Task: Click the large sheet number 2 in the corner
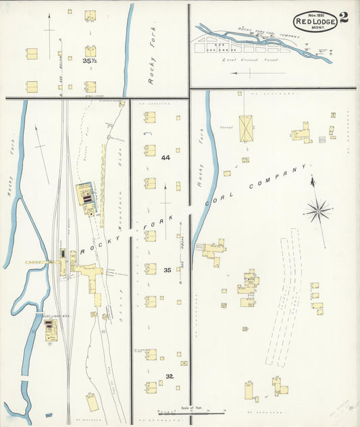344,18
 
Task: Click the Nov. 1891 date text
315,14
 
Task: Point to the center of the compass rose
317,211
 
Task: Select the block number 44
165,157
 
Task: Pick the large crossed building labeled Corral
245,128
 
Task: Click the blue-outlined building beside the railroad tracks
86,196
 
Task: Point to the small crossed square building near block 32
184,363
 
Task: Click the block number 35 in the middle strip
167,270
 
